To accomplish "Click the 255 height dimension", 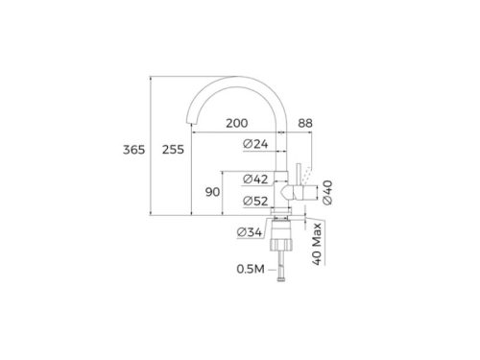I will [174, 149].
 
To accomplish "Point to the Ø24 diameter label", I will [256, 145].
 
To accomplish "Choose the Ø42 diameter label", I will [256, 180].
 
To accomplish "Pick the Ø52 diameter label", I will [256, 201].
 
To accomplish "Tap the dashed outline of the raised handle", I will [306, 173].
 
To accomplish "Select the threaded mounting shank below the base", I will [281, 234].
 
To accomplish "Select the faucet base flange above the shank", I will [281, 216].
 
